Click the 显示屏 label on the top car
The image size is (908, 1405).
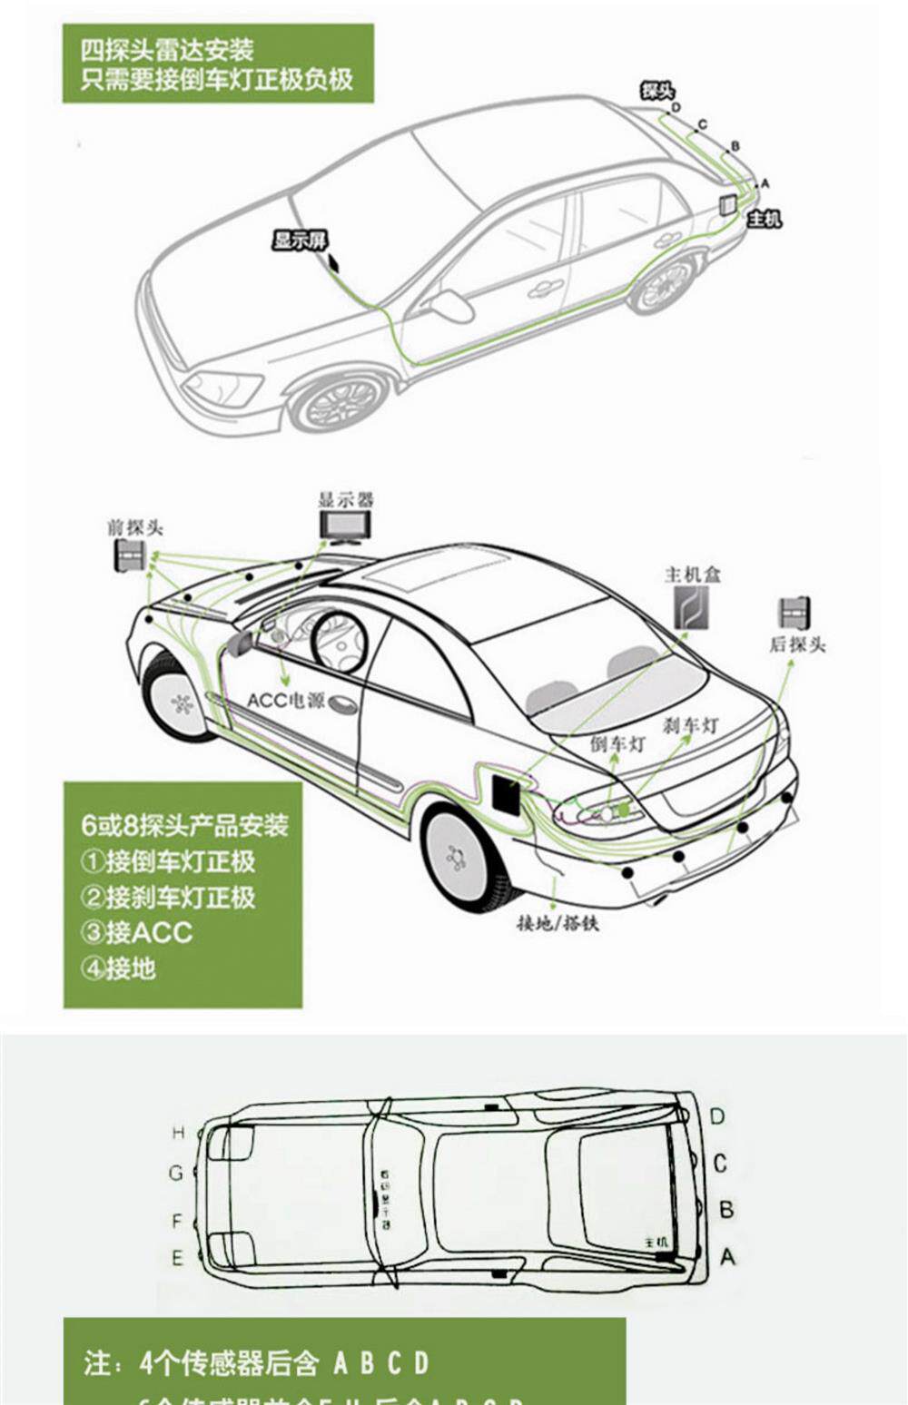[300, 241]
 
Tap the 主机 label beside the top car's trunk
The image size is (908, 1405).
[763, 219]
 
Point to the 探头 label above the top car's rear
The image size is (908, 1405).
[656, 90]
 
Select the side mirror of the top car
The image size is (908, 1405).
[451, 306]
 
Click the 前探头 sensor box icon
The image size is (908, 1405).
[129, 555]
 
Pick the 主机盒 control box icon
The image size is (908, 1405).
[690, 607]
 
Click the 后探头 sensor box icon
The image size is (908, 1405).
[794, 614]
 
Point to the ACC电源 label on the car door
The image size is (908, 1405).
[285, 701]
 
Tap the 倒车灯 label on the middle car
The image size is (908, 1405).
[617, 743]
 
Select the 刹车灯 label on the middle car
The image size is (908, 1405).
[690, 725]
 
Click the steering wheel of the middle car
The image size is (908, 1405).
[339, 643]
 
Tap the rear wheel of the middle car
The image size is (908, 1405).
[458, 856]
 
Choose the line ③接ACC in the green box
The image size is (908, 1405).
[137, 932]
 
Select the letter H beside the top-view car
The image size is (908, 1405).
[178, 1133]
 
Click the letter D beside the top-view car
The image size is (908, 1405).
[717, 1116]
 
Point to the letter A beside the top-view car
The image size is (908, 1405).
[726, 1257]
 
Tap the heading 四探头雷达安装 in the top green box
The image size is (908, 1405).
[167, 50]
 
